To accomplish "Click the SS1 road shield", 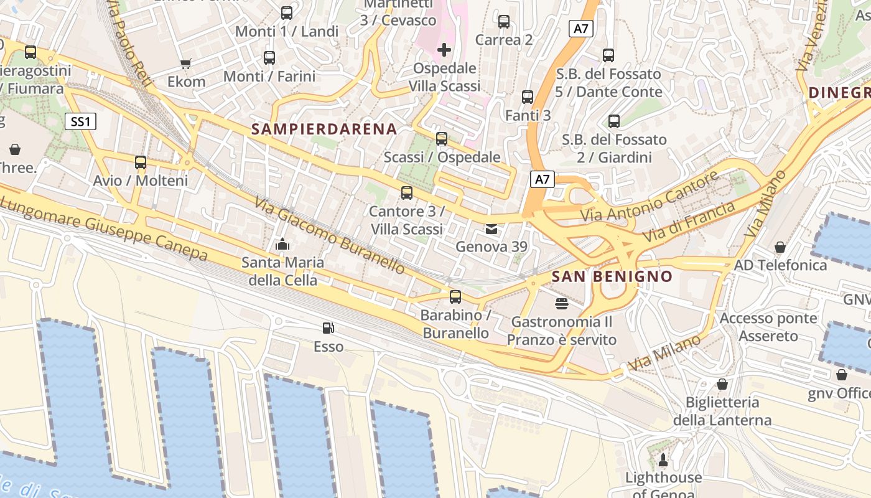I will coord(81,121).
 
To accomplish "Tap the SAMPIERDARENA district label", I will coord(324,129).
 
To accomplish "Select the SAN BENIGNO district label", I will coord(612,276).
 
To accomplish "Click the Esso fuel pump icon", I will coord(328,328).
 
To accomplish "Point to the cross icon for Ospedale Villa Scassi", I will coord(444,50).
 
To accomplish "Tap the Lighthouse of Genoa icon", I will coord(663,460).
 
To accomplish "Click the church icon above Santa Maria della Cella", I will coord(282,244).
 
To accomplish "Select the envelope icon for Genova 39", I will coord(491,229).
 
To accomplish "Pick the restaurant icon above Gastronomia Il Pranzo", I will coord(562,304).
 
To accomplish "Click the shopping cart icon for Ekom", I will coord(185,63).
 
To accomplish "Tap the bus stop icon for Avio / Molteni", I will coord(141,162).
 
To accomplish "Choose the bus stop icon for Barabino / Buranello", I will coord(455,297).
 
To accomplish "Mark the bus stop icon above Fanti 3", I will coord(528,97).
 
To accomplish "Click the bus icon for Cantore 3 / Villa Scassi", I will coord(407,193).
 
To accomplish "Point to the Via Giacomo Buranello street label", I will coord(330,235).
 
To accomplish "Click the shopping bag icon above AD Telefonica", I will coord(780,247).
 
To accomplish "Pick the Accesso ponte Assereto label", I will coord(768,327).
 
